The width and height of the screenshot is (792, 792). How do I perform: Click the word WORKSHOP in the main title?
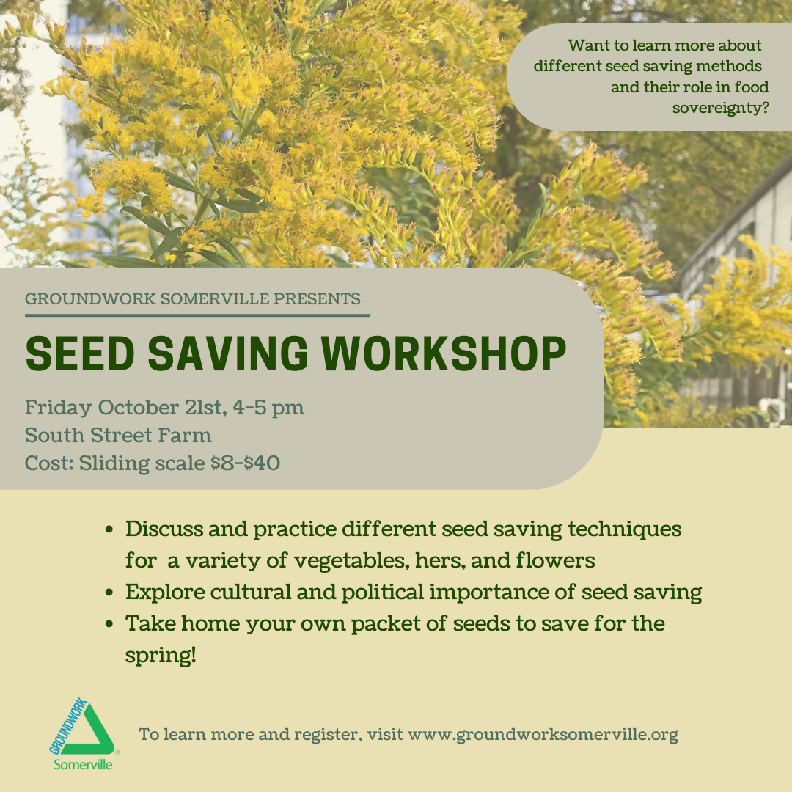441,354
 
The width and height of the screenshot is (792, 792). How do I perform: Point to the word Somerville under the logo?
83,764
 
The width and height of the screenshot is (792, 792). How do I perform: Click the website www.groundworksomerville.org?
543,734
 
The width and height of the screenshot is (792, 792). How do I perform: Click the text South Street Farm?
118,435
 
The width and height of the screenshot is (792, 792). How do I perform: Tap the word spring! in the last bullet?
161,655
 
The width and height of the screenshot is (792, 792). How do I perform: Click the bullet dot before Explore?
110,593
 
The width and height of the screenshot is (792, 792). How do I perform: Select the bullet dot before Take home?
110,624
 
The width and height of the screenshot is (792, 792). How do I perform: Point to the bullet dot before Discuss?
110,529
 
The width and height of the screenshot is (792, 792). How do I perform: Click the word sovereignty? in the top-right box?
720,109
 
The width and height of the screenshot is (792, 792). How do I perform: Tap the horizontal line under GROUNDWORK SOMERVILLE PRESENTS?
197,315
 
